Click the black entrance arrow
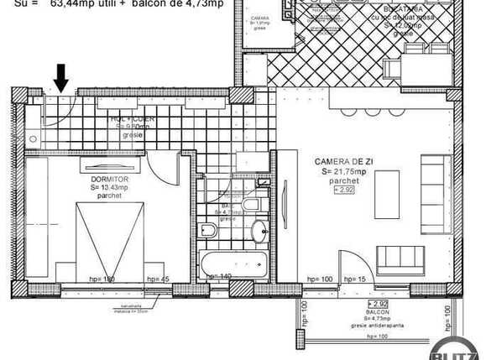click(61, 79)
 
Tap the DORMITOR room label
click(108, 179)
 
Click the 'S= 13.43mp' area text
click(108, 188)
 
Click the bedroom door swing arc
click(159, 168)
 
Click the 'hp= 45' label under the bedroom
click(158, 278)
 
